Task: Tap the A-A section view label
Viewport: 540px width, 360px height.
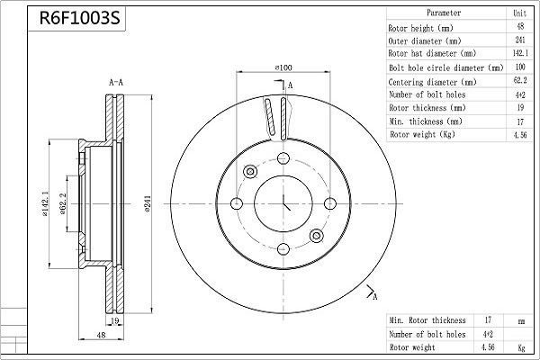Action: click(116, 83)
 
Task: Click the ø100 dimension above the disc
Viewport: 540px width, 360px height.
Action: click(284, 67)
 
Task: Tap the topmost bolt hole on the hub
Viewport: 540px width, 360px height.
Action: click(284, 159)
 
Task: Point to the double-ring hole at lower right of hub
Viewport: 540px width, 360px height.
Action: click(317, 236)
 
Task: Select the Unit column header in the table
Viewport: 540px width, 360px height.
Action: click(519, 13)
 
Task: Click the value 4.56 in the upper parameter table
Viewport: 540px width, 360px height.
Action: click(519, 133)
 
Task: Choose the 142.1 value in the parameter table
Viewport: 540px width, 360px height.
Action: click(519, 54)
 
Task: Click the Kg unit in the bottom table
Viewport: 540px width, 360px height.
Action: click(519, 346)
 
